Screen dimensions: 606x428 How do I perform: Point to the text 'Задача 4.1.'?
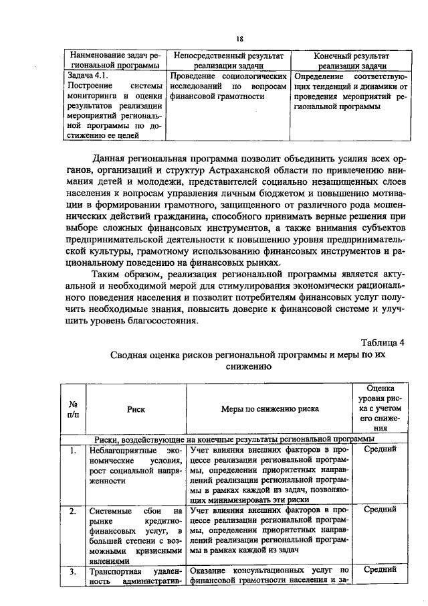tap(83, 76)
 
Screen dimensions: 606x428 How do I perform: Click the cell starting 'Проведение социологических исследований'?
tap(229, 92)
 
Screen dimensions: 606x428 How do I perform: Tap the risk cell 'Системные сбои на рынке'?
tap(136, 536)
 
